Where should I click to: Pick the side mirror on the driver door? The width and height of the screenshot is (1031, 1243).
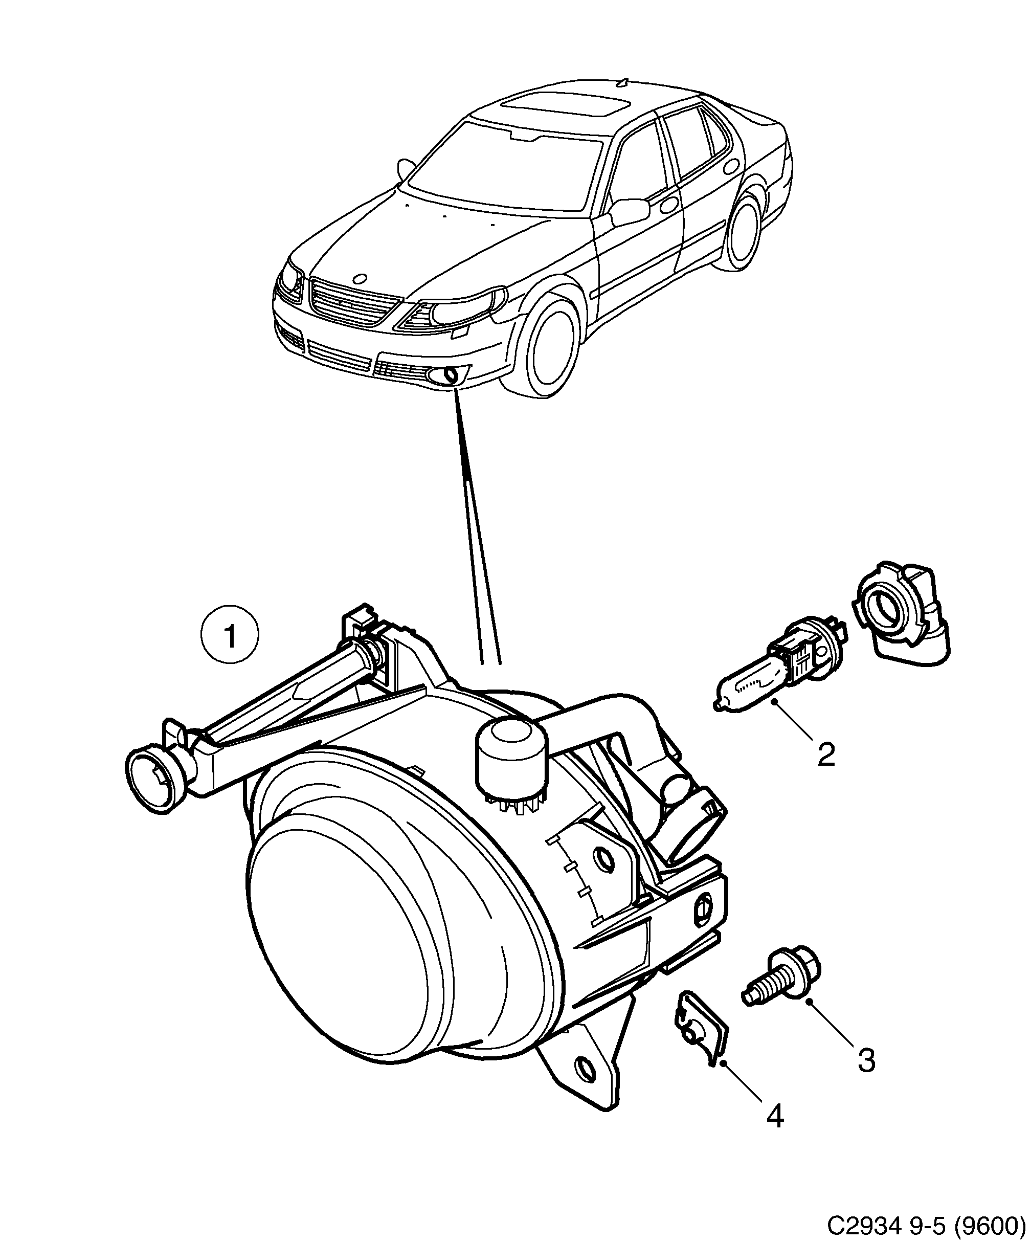(631, 211)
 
